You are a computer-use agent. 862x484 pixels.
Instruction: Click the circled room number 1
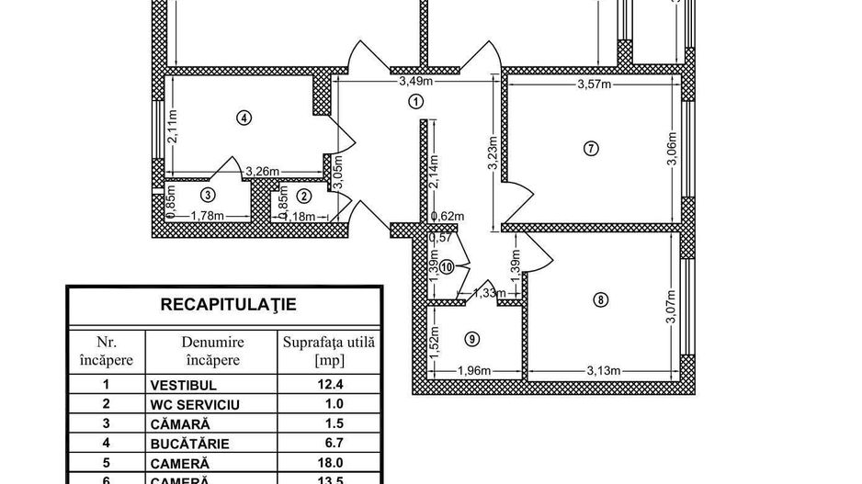point(416,102)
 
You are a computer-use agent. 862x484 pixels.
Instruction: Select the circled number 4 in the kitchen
point(243,117)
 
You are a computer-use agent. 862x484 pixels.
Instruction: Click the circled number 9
point(471,339)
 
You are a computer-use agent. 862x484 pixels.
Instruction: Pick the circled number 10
point(447,267)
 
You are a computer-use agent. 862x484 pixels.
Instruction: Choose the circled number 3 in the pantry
point(209,195)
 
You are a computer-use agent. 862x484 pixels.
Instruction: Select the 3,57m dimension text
point(595,85)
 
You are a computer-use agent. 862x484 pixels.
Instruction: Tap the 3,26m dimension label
point(263,171)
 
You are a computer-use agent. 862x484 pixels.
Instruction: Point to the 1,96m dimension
point(475,371)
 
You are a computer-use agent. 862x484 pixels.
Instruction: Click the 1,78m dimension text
point(208,216)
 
